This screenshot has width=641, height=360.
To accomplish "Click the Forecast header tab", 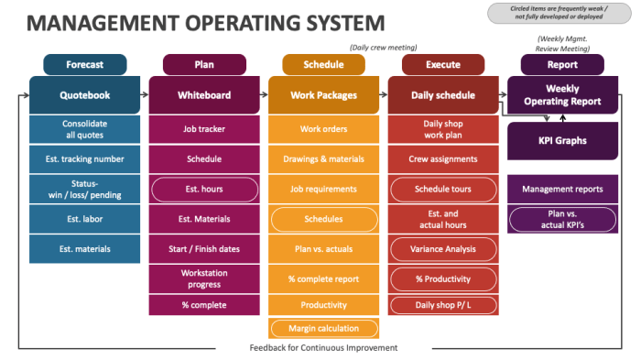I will click(x=84, y=65).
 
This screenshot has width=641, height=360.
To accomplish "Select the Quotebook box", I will click(x=84, y=94).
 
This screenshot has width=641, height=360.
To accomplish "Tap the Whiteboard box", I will click(x=203, y=94).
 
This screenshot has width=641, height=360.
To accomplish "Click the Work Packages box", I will click(x=323, y=94).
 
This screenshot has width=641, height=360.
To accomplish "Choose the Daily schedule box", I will click(x=443, y=94).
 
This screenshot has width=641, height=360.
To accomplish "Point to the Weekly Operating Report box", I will click(x=562, y=94).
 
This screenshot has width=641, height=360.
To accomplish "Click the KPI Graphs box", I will click(x=562, y=141).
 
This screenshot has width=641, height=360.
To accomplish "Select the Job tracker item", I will click(x=203, y=129).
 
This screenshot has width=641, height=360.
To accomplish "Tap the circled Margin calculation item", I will click(x=323, y=328).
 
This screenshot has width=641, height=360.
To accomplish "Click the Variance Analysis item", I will click(x=443, y=248).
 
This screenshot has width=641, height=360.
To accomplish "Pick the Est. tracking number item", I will click(x=84, y=158).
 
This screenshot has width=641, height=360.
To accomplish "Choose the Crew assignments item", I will click(x=443, y=158).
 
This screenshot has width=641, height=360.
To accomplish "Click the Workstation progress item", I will click(x=203, y=278).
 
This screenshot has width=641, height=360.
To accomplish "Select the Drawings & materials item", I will click(x=323, y=158).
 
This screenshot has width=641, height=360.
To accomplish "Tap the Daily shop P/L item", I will click(x=443, y=305).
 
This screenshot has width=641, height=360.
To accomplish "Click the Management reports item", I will click(x=562, y=189).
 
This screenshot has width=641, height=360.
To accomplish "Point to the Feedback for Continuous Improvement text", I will click(x=323, y=348).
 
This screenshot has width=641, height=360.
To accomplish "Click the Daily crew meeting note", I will click(x=385, y=48).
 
